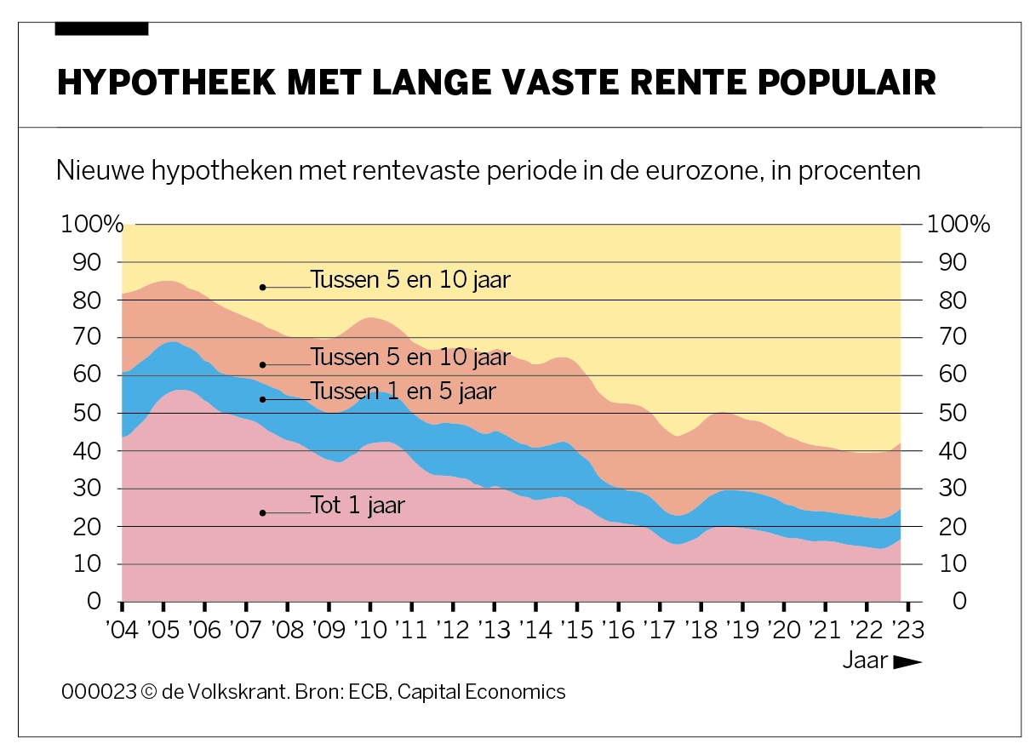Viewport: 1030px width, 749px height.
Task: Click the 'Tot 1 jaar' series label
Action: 358,506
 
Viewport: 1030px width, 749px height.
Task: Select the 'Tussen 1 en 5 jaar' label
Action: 403,392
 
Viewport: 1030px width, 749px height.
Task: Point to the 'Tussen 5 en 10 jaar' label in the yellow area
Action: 410,280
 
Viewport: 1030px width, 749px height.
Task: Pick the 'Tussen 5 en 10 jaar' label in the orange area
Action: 410,357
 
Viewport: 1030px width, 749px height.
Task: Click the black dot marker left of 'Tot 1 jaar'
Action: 263,512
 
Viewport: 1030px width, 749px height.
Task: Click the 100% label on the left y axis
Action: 92,225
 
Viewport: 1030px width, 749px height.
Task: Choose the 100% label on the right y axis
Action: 958,225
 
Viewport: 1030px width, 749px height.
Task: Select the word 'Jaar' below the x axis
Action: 865,660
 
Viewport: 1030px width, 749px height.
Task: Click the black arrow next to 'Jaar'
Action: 907,661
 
